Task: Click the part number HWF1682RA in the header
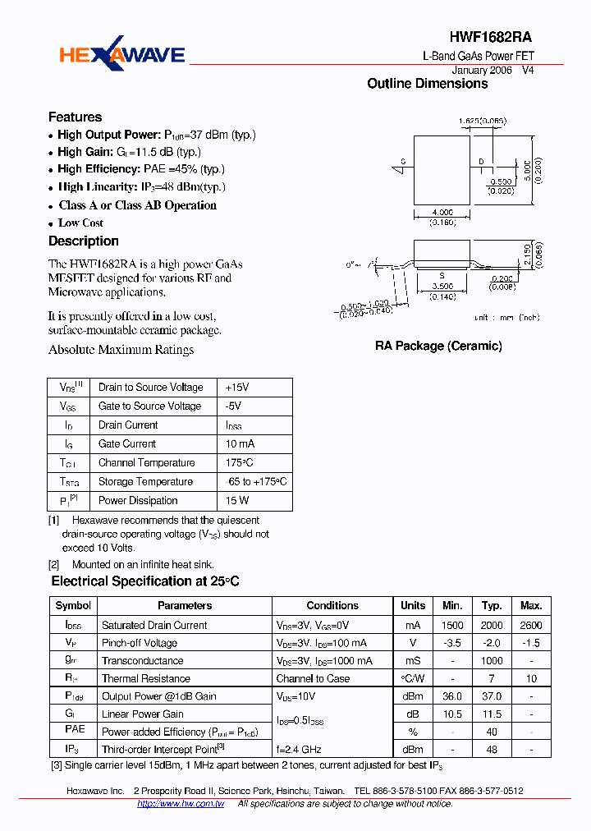tap(491, 38)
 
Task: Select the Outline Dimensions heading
tap(427, 84)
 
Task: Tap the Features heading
tap(75, 117)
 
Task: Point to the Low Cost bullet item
tap(80, 223)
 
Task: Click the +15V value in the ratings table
tap(237, 388)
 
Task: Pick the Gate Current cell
tap(127, 444)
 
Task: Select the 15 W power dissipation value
tap(237, 501)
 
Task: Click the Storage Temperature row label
tap(145, 482)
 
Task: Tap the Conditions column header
tap(332, 606)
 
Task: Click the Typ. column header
tap(492, 606)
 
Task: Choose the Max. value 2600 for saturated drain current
tap(531, 626)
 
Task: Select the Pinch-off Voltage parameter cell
tap(140, 644)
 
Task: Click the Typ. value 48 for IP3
tap(492, 750)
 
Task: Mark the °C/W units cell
tap(413, 679)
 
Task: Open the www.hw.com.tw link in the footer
tap(181, 804)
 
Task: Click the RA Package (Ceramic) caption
tap(438, 347)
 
